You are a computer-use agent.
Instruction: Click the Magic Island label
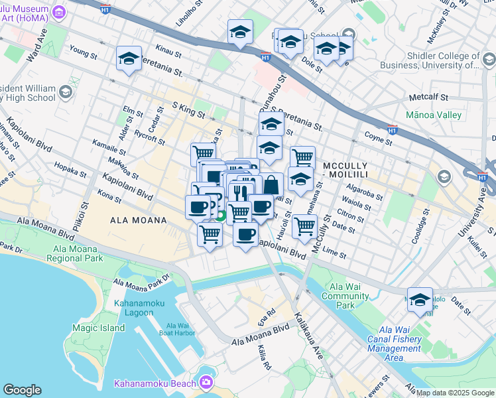click(98, 328)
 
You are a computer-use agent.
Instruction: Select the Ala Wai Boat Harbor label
click(180, 330)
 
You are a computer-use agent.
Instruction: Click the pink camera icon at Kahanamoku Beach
click(207, 382)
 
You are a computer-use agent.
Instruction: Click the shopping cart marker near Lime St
click(304, 226)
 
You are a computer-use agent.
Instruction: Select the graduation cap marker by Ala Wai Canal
click(420, 300)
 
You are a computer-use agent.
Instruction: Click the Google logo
click(22, 390)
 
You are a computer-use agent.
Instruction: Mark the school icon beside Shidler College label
click(489, 60)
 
